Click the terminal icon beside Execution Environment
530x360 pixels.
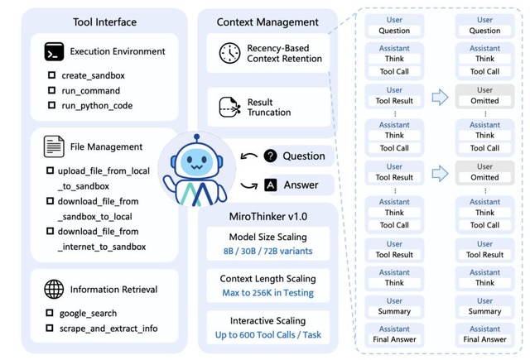[55, 51]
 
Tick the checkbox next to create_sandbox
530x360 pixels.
[51, 75]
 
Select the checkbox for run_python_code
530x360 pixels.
[51, 105]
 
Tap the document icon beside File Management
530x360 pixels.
[55, 146]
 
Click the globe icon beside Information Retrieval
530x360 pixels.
[55, 290]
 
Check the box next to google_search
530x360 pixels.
[51, 314]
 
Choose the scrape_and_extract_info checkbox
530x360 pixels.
[51, 329]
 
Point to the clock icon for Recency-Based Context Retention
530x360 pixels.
[229, 54]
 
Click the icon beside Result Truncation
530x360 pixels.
[229, 107]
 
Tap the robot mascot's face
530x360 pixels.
[190, 160]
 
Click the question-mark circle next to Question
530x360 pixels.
[270, 156]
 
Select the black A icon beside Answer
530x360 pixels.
[270, 185]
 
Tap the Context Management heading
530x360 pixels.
[267, 22]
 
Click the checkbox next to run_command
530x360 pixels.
[51, 90]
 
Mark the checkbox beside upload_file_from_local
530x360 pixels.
[51, 170]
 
